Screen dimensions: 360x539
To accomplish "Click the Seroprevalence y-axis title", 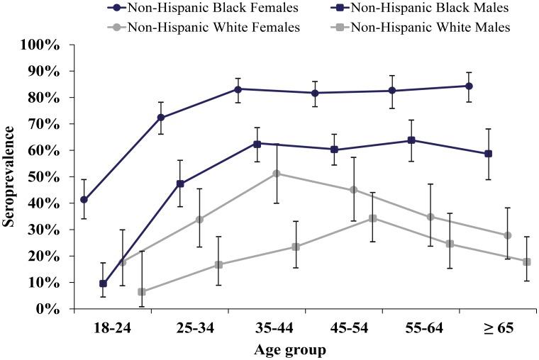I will pyautogui.click(x=9, y=177).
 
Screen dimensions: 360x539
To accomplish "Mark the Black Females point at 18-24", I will pyautogui.click(x=84, y=200).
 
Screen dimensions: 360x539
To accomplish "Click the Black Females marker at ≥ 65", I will pyautogui.click(x=469, y=86).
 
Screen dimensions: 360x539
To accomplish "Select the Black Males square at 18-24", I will pyautogui.click(x=104, y=283).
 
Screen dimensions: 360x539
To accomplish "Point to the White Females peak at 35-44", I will pyautogui.click(x=277, y=174).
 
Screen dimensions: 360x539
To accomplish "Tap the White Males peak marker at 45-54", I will pyautogui.click(x=372, y=218).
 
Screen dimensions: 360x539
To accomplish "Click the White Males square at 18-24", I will pyautogui.click(x=142, y=292).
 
